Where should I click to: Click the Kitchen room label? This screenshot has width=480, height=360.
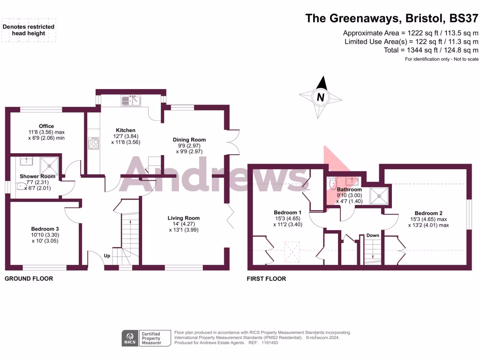pyautogui.click(x=125, y=130)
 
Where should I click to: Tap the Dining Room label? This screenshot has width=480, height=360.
pyautogui.click(x=189, y=140)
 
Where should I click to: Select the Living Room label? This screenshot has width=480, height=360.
pyautogui.click(x=184, y=218)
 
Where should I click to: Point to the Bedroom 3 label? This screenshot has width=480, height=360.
pyautogui.click(x=45, y=229)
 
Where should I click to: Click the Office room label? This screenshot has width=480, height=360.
pyautogui.click(x=46, y=126)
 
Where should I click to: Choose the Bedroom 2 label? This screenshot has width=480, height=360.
pyautogui.click(x=428, y=213)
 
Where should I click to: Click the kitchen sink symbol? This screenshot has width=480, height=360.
pyautogui.click(x=131, y=100)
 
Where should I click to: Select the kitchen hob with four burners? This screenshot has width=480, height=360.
pyautogui.click(x=94, y=143)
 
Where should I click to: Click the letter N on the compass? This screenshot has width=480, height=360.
pyautogui.click(x=321, y=97)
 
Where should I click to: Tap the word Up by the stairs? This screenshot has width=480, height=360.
pyautogui.click(x=107, y=256)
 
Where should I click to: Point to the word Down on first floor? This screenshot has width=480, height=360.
pyautogui.click(x=373, y=235)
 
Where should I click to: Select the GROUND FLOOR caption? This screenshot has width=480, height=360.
pyautogui.click(x=29, y=278)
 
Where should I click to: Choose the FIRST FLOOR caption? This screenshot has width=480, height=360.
pyautogui.click(x=266, y=278)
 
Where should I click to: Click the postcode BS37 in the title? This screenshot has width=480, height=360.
pyautogui.click(x=464, y=18)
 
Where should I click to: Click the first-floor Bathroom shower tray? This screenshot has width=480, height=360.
pyautogui.click(x=379, y=194)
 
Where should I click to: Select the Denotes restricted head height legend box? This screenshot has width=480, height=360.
pyautogui.click(x=29, y=30)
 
